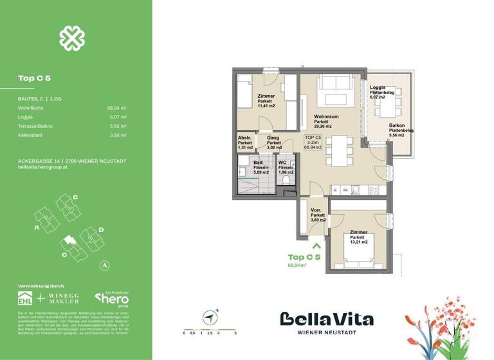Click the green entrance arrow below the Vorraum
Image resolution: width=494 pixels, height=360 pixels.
pos(316,244)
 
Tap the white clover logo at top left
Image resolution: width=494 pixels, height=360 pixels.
pos(72,38)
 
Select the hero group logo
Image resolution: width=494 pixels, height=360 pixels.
pos(113,298)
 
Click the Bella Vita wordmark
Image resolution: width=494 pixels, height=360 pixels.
pos(326,319)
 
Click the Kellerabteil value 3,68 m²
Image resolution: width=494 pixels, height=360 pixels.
pos(117,135)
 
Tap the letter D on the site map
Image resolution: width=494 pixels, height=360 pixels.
pos(101,228)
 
